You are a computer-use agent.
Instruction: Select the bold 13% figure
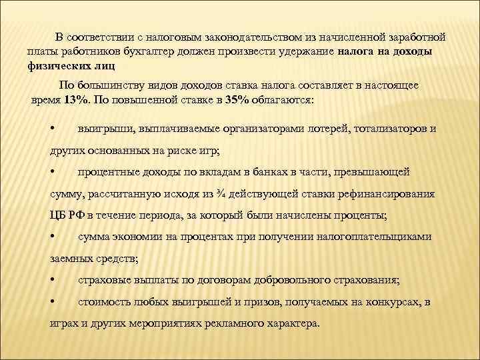(73, 99)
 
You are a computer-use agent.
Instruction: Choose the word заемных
(70, 259)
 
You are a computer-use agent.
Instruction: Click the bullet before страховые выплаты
(53, 281)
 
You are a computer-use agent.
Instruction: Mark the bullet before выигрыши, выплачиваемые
(53, 128)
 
